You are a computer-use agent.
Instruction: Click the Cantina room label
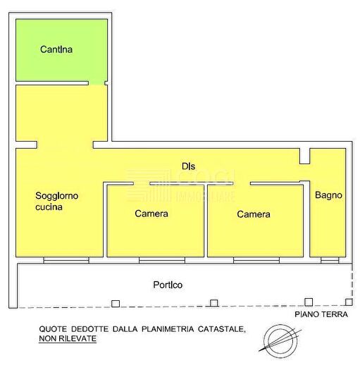pyautogui.click(x=57, y=50)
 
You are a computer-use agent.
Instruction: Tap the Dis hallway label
pyautogui.click(x=188, y=166)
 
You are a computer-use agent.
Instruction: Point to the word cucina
pyautogui.click(x=49, y=207)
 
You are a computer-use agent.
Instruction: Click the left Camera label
pyautogui.click(x=151, y=214)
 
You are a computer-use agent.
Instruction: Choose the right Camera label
pyautogui.click(x=254, y=214)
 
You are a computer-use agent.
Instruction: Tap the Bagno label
pyautogui.click(x=329, y=195)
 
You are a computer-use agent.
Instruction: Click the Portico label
pyautogui.click(x=168, y=285)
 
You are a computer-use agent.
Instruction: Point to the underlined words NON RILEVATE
pyautogui.click(x=68, y=338)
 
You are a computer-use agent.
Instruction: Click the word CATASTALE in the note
pyautogui.click(x=220, y=328)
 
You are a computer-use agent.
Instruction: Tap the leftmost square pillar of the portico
pyautogui.click(x=115, y=304)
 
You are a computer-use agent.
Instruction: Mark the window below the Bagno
pyautogui.click(x=329, y=260)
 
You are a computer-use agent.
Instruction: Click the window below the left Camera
pyautogui.click(x=161, y=260)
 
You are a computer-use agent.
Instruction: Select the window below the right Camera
pyautogui.click(x=256, y=260)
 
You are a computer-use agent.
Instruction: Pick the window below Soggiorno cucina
pyautogui.click(x=67, y=260)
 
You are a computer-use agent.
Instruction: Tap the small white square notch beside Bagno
pyautogui.click(x=304, y=156)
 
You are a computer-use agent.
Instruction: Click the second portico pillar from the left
pyautogui.click(x=213, y=304)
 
